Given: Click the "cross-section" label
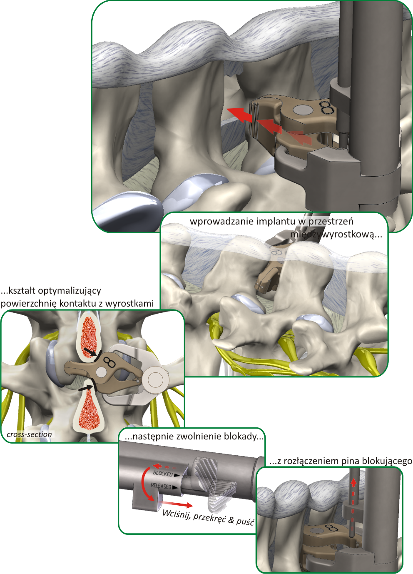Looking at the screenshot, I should [29, 434].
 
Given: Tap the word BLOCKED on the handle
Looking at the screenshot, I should [163, 474].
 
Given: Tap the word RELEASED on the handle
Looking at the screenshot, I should [161, 486].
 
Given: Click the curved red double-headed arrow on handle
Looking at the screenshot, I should [145, 483].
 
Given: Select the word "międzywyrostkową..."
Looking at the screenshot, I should [336, 234].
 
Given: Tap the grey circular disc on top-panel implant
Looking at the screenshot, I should [303, 110].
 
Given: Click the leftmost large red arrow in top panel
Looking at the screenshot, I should [240, 114].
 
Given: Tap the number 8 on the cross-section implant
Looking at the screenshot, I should [109, 361].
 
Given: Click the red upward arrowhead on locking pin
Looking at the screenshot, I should [353, 483].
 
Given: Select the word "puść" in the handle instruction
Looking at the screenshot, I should [245, 521].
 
